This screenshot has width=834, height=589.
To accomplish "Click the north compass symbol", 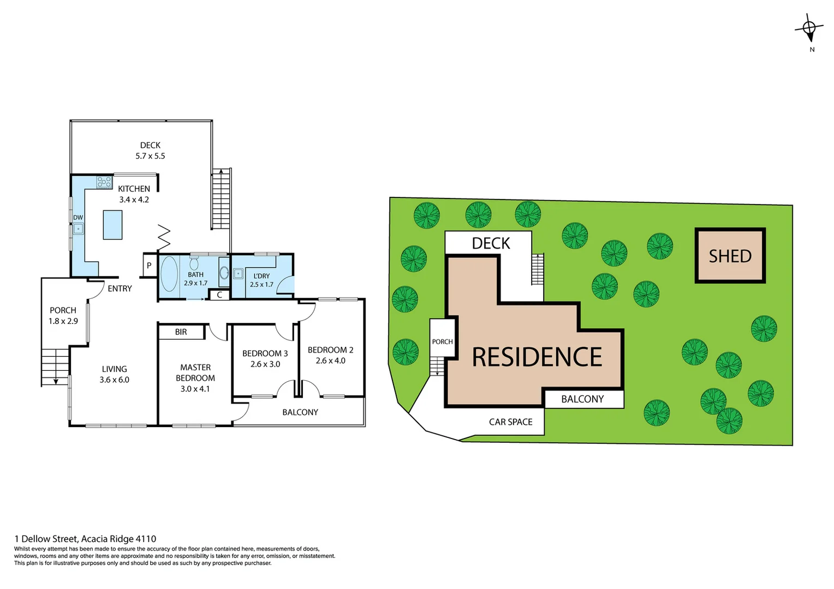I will [x=809, y=29].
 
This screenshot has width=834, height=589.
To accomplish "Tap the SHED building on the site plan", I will [x=730, y=256].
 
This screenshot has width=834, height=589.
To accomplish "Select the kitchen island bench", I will [x=112, y=225].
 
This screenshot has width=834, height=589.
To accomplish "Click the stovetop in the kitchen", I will [x=104, y=182].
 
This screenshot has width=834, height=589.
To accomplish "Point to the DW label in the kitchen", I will [x=78, y=218].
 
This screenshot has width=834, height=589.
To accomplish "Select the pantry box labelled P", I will [x=149, y=266].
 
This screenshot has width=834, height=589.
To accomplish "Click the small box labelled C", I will [x=219, y=295].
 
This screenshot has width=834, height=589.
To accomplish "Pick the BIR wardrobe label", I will [x=181, y=332].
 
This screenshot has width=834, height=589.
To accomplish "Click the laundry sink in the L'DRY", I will [x=239, y=274].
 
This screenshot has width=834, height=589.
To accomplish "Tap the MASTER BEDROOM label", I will [x=195, y=372].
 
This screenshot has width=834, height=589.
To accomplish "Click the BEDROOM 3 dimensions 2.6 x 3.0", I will [x=265, y=364].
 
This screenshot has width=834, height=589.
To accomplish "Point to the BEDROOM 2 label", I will [x=330, y=350].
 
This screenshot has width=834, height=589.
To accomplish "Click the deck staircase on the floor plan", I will [x=221, y=199].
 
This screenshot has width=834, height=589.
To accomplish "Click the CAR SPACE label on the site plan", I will [x=510, y=422].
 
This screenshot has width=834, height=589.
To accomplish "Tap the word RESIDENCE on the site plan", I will [x=537, y=357].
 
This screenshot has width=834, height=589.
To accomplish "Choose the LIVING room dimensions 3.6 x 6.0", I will [x=114, y=380].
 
